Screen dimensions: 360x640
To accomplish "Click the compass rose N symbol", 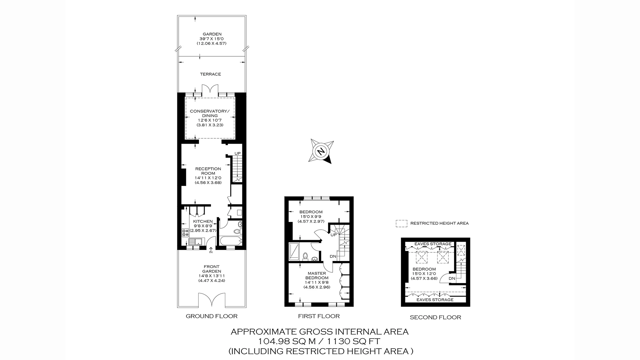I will [321, 152].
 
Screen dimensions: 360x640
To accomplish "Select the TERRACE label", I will [210, 74].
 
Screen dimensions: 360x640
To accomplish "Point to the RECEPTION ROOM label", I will [208, 171].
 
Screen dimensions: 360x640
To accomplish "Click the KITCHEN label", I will [203, 221].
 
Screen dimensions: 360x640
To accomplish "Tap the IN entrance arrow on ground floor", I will [211, 250].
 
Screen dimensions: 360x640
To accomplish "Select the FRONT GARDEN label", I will [211, 269].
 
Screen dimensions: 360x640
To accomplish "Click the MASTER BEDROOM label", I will [317, 275].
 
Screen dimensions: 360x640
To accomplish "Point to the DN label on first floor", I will [333, 256].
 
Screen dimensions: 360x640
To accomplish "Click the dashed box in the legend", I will [401, 223].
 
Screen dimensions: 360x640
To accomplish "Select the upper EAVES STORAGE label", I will [433, 244].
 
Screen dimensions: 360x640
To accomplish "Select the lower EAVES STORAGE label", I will [435, 300].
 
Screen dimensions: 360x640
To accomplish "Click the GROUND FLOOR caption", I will [211, 316].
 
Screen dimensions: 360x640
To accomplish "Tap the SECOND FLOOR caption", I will [435, 317].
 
